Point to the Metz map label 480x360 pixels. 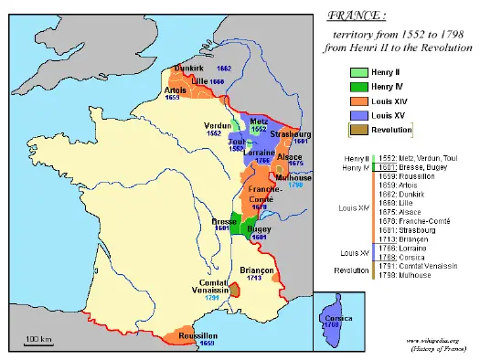(x=260, y=120)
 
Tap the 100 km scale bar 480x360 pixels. (x=38, y=343)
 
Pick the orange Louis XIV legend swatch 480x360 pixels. (x=362, y=101)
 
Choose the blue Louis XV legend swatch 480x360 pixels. (x=362, y=117)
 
